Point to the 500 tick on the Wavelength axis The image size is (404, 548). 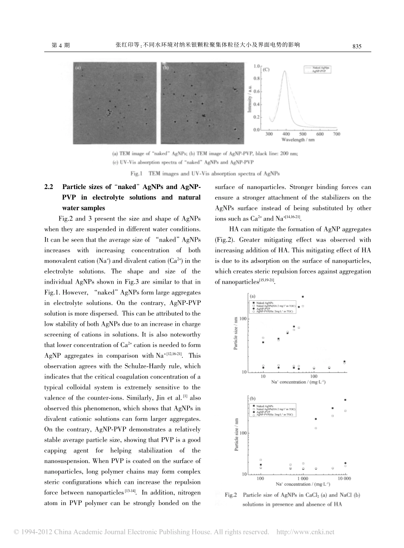pos(303,134)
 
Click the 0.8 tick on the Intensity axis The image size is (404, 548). pos(256,79)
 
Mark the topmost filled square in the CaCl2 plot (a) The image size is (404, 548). pos(303,297)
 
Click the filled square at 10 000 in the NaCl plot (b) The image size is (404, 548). pos(345,400)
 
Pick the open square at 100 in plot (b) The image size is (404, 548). pos(261,460)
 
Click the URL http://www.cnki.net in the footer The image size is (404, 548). pos(305,532)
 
